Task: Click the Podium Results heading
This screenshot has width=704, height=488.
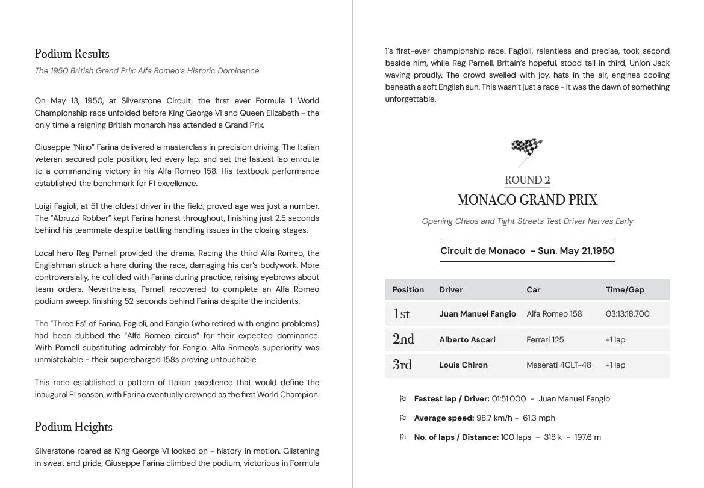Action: pyautogui.click(x=72, y=54)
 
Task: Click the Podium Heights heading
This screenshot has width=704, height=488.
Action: pyautogui.click(x=73, y=427)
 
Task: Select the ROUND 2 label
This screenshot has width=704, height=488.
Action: pyautogui.click(x=527, y=180)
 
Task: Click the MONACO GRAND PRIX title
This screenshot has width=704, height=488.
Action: pyautogui.click(x=527, y=200)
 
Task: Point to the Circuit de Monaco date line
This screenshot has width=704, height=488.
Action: pyautogui.click(x=527, y=251)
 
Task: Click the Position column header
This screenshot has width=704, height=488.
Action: pyautogui.click(x=408, y=290)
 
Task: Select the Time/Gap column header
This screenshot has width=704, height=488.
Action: pyautogui.click(x=625, y=290)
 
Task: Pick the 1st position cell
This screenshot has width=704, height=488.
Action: pyautogui.click(x=401, y=313)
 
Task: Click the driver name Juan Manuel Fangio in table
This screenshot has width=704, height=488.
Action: pyautogui.click(x=477, y=314)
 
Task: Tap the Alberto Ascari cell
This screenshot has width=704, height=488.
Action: pyautogui.click(x=467, y=340)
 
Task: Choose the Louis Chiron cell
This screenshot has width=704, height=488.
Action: pyautogui.click(x=463, y=365)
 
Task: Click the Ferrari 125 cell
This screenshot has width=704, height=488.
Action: pyautogui.click(x=545, y=340)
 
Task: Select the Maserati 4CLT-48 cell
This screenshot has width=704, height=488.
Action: pyautogui.click(x=558, y=365)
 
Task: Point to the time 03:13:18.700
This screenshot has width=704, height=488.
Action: pyautogui.click(x=628, y=314)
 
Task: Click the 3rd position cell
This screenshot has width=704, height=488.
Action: pyautogui.click(x=402, y=365)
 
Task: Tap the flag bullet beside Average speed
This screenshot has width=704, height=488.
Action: pyautogui.click(x=403, y=418)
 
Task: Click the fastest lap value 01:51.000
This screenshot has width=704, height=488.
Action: pyautogui.click(x=508, y=399)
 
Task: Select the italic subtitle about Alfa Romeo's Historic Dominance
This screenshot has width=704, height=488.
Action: pyautogui.click(x=147, y=71)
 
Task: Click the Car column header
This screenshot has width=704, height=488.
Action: pyautogui.click(x=533, y=290)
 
